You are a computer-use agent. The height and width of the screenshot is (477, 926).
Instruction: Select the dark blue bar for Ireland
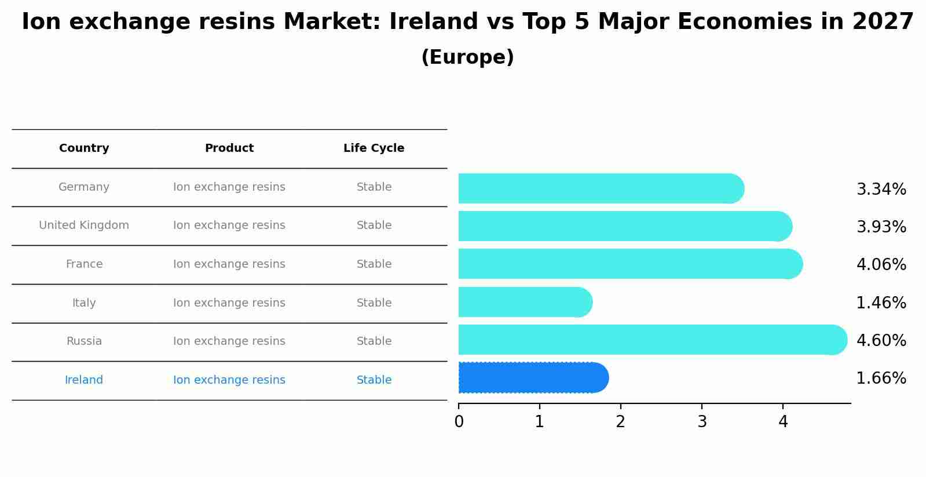533,378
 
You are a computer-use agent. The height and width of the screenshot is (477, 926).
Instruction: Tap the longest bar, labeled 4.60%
652,340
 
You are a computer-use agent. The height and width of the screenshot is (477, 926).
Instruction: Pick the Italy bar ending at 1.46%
524,302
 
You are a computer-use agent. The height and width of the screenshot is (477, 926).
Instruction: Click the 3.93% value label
881,227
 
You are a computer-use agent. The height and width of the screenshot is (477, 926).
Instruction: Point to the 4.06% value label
881,265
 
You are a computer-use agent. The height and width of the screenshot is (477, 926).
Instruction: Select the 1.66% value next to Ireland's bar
881,378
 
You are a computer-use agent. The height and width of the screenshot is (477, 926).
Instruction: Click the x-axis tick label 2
621,422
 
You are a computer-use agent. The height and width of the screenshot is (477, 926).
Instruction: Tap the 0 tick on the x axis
459,422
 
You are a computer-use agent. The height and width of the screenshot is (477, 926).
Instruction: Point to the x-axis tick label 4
783,422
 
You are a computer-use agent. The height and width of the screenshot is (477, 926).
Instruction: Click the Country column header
84,148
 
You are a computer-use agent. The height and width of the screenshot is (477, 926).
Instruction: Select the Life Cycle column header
374,148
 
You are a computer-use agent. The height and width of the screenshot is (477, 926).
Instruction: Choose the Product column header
229,148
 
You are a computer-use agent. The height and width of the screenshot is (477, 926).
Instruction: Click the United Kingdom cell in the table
84,225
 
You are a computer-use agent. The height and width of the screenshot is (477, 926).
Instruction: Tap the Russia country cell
84,341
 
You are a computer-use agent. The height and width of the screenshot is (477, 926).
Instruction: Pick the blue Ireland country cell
84,380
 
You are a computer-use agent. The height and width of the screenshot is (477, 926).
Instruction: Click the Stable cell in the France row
374,264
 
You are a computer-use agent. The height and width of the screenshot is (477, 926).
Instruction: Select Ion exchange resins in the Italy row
229,303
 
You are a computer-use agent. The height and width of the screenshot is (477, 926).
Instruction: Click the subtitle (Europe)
467,57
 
